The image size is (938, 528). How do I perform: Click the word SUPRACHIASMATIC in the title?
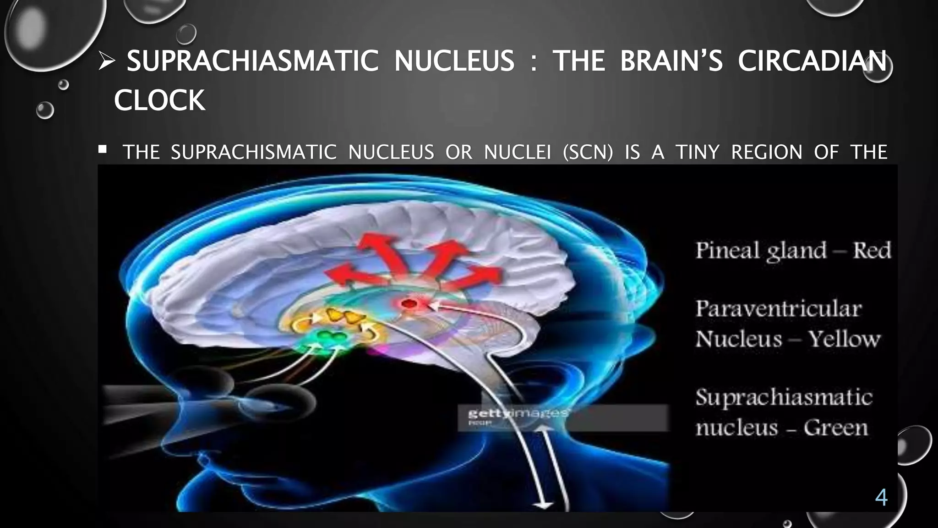coord(252,61)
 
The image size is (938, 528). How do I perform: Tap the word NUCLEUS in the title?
coord(454,61)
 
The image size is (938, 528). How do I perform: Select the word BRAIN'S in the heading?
coord(671,61)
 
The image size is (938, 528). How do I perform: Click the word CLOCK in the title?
coord(159,100)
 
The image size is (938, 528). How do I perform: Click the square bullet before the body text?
coord(103,149)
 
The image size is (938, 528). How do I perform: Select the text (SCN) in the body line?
coord(588,152)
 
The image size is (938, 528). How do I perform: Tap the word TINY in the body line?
coord(698,152)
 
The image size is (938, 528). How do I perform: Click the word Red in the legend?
coord(872,251)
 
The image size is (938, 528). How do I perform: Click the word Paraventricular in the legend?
coord(779,309)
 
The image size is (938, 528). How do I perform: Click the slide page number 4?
coord(881,497)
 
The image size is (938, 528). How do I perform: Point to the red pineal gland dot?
coord(409,303)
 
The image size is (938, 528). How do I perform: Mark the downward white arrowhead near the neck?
coord(543,505)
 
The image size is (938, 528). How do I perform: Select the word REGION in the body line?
coord(766,152)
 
